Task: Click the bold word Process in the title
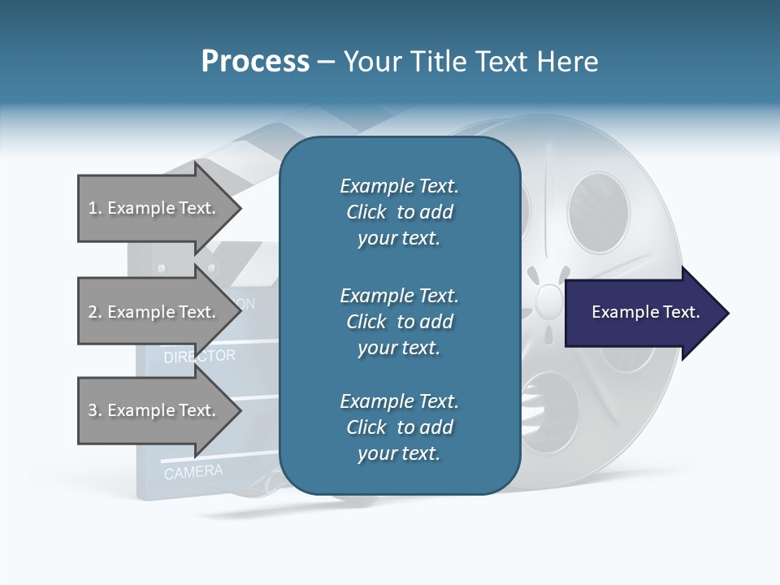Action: [x=255, y=62]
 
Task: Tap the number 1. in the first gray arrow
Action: [x=95, y=208]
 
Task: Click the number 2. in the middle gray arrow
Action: [x=95, y=312]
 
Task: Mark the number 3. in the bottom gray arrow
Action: [x=95, y=410]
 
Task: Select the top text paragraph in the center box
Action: [x=399, y=212]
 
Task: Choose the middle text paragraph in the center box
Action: [x=399, y=321]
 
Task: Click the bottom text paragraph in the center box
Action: [x=399, y=427]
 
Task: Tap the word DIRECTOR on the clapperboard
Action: [x=200, y=356]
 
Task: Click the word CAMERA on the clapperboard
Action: [x=193, y=471]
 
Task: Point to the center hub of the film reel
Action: [x=550, y=300]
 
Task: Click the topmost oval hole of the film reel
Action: [x=598, y=207]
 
